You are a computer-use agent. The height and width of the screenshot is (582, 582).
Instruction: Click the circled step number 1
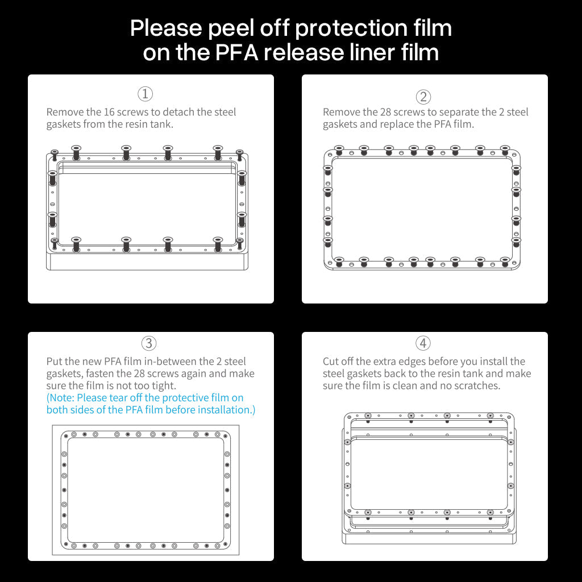coord(145,94)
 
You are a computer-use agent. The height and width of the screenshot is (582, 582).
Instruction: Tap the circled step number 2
coord(423,97)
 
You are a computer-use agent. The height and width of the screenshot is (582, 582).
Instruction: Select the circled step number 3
coord(148,343)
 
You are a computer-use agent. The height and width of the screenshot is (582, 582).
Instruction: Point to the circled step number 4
coord(423,343)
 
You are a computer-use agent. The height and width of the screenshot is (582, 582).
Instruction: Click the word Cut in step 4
coord(331,361)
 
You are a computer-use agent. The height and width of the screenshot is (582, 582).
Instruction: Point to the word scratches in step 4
coord(476,386)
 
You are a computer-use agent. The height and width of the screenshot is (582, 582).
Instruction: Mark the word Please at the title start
coord(166,28)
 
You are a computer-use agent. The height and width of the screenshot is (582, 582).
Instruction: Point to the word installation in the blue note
coord(225,410)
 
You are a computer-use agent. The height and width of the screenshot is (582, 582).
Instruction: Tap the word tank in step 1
coord(161,124)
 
